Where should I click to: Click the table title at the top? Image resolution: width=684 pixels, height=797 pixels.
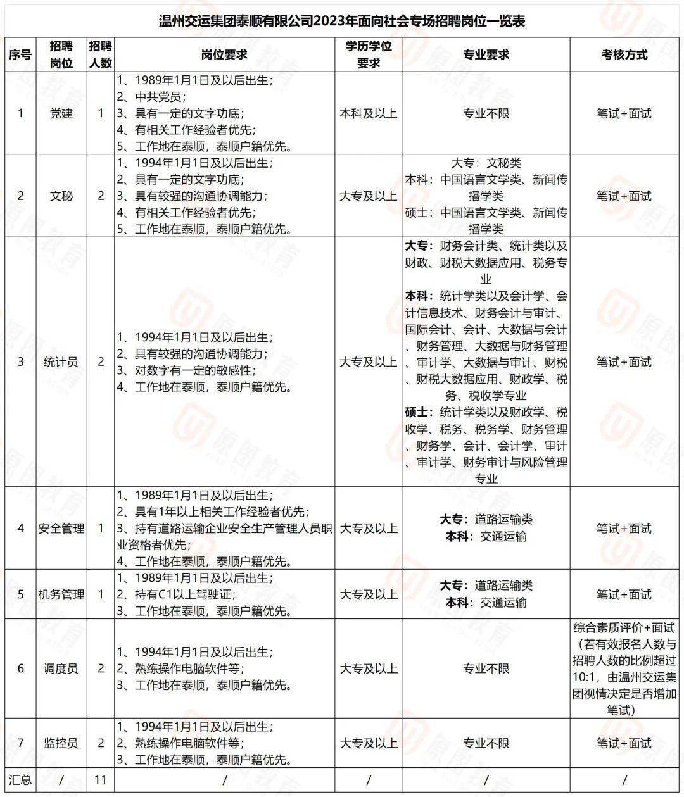[x=342, y=21]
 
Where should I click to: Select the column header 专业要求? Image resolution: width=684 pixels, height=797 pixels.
[x=486, y=54]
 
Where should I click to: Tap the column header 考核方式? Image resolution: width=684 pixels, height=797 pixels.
[x=624, y=54]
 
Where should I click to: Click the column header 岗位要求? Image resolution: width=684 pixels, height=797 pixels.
[x=224, y=54]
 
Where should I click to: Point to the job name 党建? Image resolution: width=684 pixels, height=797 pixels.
[x=61, y=113]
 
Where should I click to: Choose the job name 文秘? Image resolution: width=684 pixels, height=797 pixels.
[x=61, y=196]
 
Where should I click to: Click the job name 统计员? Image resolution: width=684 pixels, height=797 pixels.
[x=61, y=362]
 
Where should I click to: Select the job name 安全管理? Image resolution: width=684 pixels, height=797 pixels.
[x=61, y=528]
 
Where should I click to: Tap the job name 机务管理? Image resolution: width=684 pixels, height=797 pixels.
[x=61, y=594]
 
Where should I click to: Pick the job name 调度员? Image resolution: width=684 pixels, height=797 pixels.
[x=61, y=668]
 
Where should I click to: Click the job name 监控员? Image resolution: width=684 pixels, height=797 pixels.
[x=61, y=743]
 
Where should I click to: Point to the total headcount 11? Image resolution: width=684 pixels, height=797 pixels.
[x=100, y=779]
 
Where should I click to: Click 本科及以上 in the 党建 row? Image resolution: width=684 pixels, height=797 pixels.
[x=369, y=113]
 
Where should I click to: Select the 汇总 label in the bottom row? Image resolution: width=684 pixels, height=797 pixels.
[x=20, y=779]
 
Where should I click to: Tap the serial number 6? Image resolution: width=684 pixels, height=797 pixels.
[x=20, y=668]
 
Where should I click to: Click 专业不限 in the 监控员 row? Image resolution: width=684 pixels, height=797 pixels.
[x=486, y=743]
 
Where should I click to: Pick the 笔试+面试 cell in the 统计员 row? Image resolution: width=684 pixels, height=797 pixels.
[x=624, y=362]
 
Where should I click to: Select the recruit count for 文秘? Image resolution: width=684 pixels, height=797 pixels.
[x=100, y=196]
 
